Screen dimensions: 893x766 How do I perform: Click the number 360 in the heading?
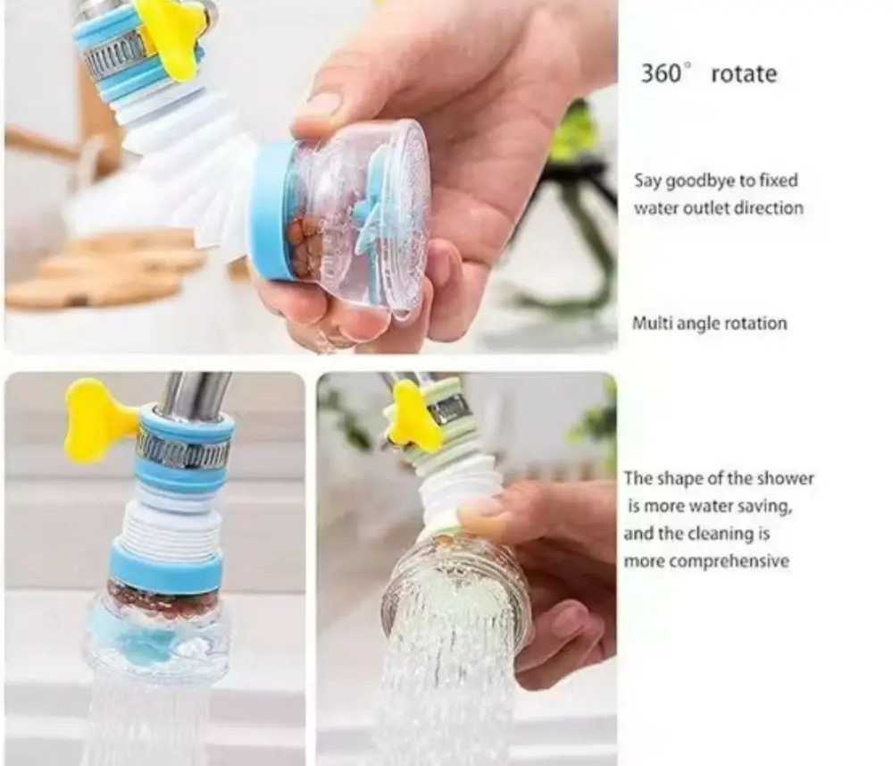tap(661, 74)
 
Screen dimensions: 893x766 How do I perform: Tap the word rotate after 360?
tap(744, 75)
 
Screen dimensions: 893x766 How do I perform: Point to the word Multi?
tap(648, 324)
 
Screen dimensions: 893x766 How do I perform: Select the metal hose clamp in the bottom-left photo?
tap(183, 451)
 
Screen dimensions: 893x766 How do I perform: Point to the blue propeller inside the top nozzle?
tap(371, 211)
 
